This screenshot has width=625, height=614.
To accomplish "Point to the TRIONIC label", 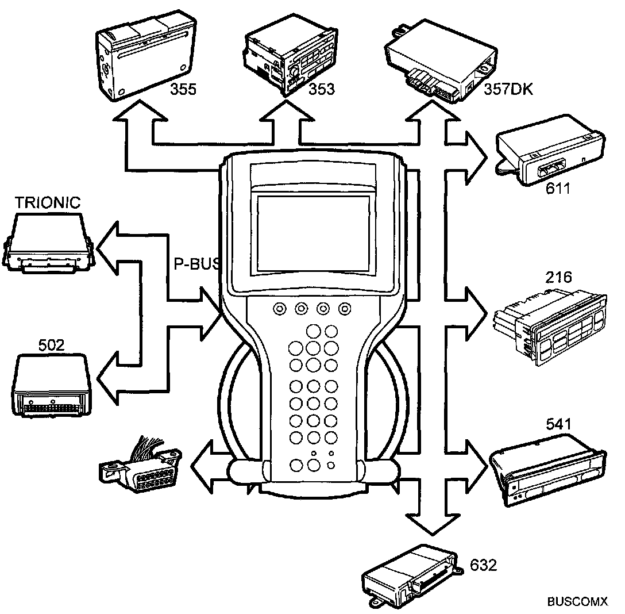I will pyautogui.click(x=48, y=203).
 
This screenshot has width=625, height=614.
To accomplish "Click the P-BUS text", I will pyautogui.click(x=197, y=263).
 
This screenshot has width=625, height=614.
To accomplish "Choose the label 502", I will pyautogui.click(x=51, y=345).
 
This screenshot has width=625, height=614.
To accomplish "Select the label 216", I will pyautogui.click(x=558, y=278).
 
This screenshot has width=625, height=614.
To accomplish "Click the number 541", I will pyautogui.click(x=558, y=425).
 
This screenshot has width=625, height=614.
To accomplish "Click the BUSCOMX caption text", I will pyautogui.click(x=577, y=601).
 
